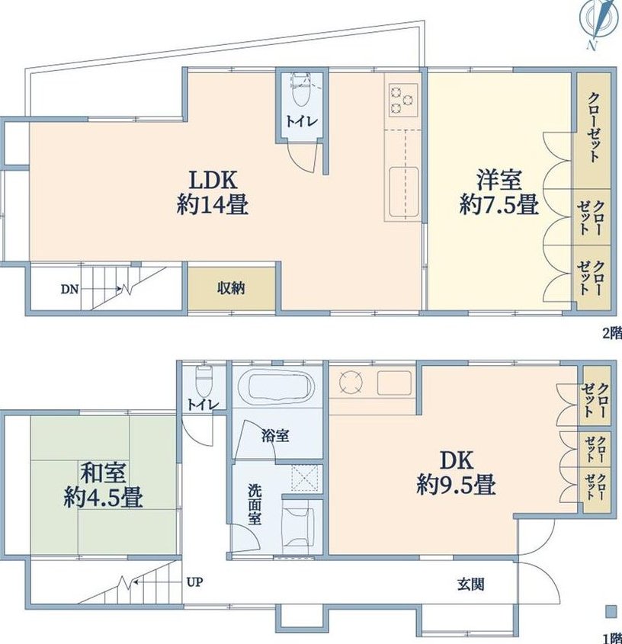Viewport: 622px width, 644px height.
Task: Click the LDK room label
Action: point(213,180)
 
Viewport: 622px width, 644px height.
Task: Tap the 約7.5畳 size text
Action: point(499,204)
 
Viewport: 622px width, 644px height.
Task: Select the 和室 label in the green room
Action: point(103,473)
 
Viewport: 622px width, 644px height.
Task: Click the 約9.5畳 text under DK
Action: point(456,485)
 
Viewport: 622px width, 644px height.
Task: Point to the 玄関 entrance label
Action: point(471,584)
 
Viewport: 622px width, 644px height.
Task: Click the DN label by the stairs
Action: point(69,289)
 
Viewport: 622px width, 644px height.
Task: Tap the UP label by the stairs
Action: point(194,582)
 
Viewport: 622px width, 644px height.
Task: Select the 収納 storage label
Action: point(231,288)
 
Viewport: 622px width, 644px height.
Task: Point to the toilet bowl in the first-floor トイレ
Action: point(204,381)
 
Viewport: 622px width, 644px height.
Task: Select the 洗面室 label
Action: point(255,505)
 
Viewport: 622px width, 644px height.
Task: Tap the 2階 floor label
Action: point(612,334)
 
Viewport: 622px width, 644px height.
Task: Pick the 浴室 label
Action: point(275,436)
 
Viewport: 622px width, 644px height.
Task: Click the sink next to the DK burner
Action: point(394,383)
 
